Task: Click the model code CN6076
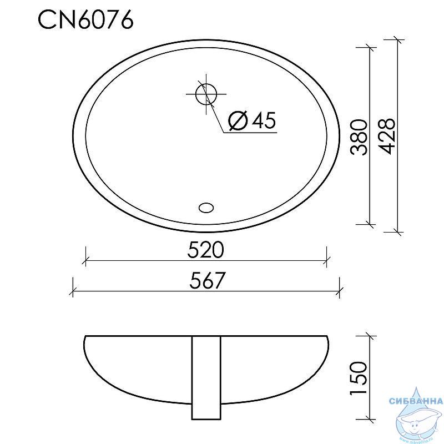coord(86,20)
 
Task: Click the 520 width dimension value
coord(206,250)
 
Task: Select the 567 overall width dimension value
coord(207,281)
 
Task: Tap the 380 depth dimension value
coord(359,137)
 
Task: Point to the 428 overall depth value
coord(386,136)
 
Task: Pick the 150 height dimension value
coord(359,378)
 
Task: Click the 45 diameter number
coord(264,120)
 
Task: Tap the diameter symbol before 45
coord(238,120)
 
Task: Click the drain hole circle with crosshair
coord(206,94)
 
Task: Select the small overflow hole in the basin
coord(206,208)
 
